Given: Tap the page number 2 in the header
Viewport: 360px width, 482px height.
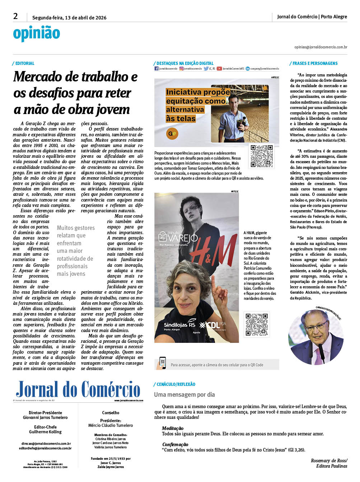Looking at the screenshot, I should click(x=15, y=16).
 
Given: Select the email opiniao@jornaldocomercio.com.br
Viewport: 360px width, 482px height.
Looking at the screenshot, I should click(x=321, y=47).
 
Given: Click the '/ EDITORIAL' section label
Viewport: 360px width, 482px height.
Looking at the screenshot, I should click(x=24, y=63).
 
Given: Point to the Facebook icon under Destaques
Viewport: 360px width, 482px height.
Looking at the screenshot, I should click(x=156, y=68).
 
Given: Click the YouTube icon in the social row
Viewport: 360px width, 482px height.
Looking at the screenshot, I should click(x=219, y=68).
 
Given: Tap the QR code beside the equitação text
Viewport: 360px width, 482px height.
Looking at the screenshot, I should click(x=262, y=156).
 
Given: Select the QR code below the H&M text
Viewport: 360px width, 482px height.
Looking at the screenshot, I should click(x=256, y=324).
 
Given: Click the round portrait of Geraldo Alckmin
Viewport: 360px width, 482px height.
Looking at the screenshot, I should click(x=316, y=337).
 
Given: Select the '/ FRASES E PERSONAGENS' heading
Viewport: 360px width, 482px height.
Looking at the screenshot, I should click(x=314, y=63).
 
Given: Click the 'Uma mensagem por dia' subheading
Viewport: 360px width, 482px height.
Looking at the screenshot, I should click(x=184, y=394).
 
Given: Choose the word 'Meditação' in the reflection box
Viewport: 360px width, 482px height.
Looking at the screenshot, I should click(x=173, y=428).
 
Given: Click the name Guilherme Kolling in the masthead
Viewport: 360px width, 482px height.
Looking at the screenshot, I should click(x=45, y=432).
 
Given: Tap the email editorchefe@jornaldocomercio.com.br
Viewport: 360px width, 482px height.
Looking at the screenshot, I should click(x=45, y=448).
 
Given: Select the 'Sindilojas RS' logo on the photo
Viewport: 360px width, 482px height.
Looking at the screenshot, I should click(x=179, y=325).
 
